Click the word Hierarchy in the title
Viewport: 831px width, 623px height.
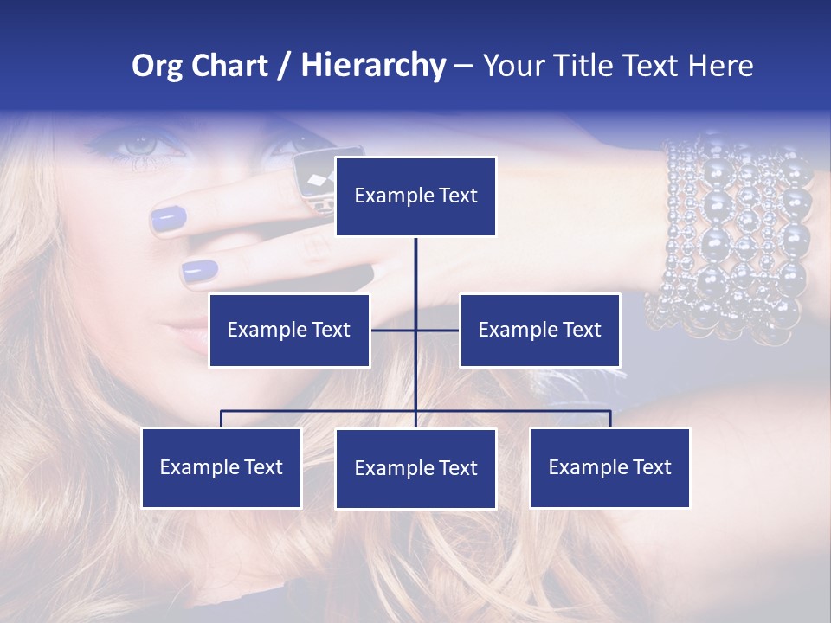[x=373, y=66]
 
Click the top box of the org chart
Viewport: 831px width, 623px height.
[x=415, y=196]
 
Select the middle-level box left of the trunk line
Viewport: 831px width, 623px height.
[x=289, y=330]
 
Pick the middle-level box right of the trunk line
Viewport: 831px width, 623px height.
[x=539, y=330]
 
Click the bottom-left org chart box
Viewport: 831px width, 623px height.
[x=222, y=467]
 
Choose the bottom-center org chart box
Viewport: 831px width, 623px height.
[x=415, y=468]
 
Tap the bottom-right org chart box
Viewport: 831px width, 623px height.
[x=609, y=467]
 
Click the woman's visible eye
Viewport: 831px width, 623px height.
[x=138, y=145]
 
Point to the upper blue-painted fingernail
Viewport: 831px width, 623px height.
[x=169, y=220]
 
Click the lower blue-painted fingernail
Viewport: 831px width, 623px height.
[x=200, y=272]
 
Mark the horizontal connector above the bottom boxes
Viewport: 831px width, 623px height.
[x=320, y=411]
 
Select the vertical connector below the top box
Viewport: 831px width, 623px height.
[x=415, y=277]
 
